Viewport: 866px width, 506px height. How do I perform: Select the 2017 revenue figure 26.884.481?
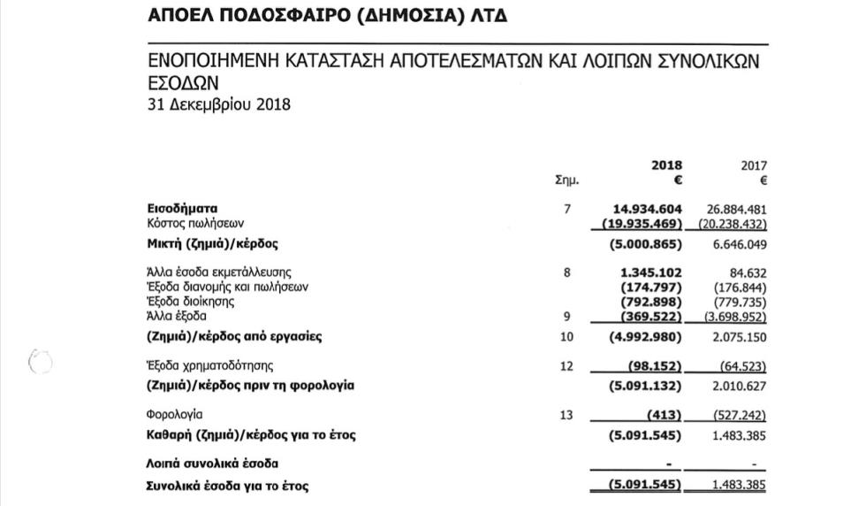(x=737, y=210)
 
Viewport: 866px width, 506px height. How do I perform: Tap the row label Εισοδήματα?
(x=181, y=210)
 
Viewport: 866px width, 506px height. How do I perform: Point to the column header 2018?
(x=666, y=165)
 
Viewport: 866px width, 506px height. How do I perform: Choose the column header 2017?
(x=753, y=165)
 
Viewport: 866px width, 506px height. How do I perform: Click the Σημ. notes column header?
(x=566, y=180)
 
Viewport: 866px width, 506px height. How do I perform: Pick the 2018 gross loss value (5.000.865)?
(x=646, y=243)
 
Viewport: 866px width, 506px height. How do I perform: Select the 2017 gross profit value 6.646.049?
(x=739, y=243)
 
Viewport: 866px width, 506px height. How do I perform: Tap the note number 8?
(x=566, y=272)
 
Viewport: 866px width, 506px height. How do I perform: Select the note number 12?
(x=566, y=366)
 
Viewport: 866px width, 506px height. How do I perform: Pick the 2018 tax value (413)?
(x=662, y=415)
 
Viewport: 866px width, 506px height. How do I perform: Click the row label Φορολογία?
(x=174, y=414)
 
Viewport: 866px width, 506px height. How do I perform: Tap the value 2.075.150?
(x=739, y=336)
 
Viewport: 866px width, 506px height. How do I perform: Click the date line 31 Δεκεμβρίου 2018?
(x=218, y=104)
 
